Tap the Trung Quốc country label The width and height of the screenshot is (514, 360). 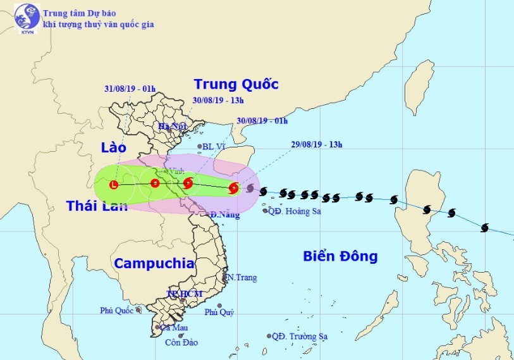(236, 84)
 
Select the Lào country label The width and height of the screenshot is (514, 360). (114, 147)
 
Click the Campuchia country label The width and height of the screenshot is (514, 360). (154, 264)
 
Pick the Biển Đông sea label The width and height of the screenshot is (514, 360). (340, 256)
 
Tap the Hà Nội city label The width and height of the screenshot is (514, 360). (172, 127)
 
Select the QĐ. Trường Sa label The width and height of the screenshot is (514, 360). (300, 337)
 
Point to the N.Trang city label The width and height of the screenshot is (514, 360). (240, 278)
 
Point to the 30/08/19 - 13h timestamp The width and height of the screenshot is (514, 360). (218, 101)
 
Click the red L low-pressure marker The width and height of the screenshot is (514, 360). (114, 185)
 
